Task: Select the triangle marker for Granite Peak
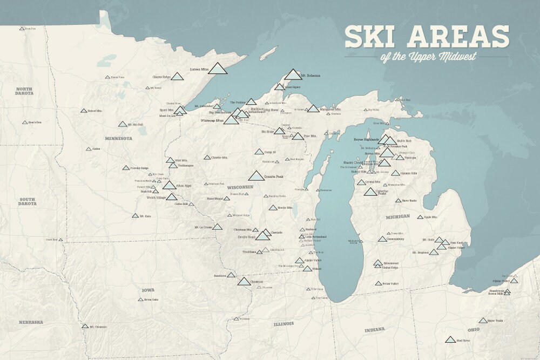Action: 256,176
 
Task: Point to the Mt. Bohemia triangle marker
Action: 293,74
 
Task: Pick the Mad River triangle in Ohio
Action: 450,340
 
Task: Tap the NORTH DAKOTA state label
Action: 24,91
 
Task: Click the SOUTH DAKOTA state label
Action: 28,201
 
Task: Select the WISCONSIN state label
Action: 240,187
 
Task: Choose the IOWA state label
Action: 148,290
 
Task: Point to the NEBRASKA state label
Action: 31,322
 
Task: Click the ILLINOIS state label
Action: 283,324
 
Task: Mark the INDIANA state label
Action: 374,329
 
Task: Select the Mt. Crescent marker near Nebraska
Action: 85,326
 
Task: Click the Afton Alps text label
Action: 185,186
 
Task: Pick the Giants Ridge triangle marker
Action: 177,77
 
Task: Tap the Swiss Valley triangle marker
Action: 379,283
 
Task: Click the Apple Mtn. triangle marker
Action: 420,217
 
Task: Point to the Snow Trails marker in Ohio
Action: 483,321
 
